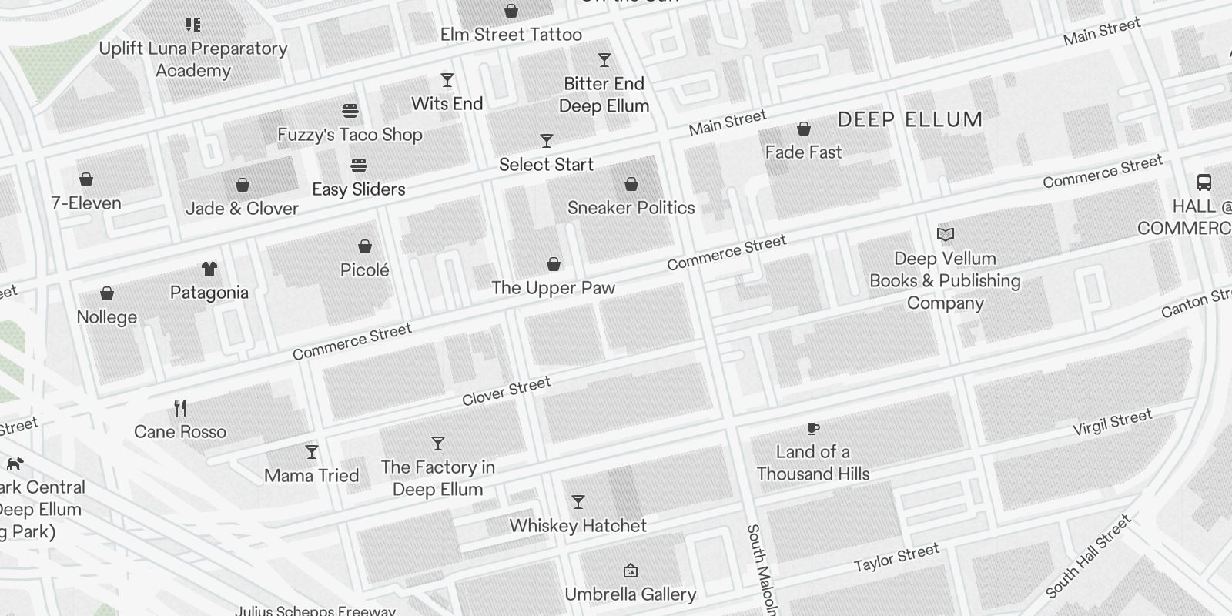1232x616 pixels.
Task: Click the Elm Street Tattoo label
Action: (511, 35)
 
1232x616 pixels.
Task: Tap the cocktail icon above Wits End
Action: (447, 80)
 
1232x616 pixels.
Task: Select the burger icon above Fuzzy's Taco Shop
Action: (350, 111)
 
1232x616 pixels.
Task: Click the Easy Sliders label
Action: (358, 189)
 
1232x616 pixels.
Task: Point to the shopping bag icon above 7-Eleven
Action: (86, 179)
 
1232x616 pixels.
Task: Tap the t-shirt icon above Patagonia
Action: (209, 269)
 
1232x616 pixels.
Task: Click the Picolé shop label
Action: (364, 270)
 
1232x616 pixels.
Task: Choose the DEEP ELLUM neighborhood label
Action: (909, 119)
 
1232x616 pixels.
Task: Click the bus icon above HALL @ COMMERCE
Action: (1204, 182)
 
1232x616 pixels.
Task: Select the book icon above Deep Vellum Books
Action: (946, 234)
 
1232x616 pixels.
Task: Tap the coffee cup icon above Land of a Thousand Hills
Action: (812, 428)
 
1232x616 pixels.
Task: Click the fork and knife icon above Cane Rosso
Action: (180, 407)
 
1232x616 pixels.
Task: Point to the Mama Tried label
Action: (311, 476)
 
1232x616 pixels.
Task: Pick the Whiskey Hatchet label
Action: (577, 526)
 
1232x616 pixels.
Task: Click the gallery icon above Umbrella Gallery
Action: (631, 571)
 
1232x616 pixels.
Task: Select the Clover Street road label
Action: (506, 391)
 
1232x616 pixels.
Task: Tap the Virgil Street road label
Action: (1112, 422)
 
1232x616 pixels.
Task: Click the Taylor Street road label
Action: (896, 557)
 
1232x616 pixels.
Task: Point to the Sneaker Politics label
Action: (631, 208)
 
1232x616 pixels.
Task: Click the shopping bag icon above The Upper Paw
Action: (553, 264)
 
